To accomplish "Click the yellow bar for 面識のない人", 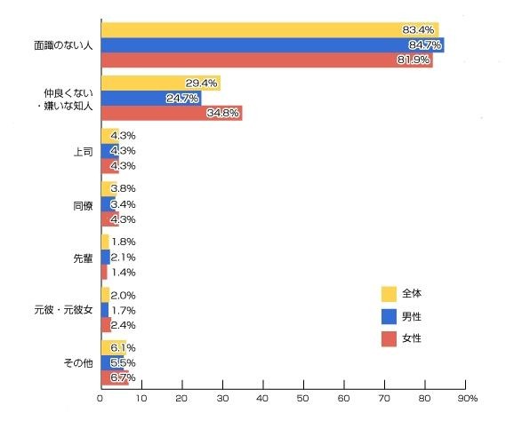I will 267,30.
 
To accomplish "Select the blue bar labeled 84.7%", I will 271,45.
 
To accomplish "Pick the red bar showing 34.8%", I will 171,113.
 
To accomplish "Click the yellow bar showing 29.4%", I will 160,83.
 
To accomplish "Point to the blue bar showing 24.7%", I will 150,98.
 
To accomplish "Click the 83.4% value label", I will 419,30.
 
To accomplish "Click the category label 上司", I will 82,151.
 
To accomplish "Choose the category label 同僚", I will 82,204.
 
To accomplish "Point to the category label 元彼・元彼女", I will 64,310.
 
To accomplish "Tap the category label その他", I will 77,362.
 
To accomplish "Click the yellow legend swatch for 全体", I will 388,293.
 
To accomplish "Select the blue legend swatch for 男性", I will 388,316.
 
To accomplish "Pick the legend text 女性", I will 411,339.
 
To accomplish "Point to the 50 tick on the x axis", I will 302,398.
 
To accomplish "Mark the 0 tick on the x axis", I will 100,398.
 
